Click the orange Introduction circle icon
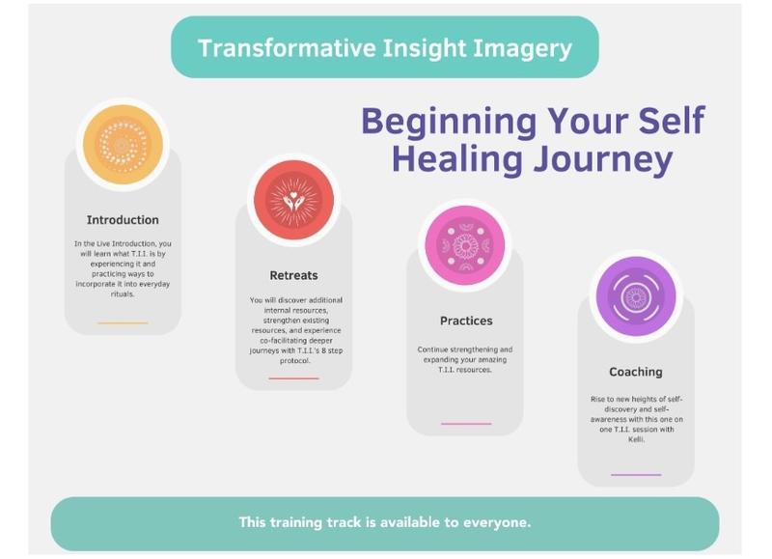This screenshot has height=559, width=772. [123, 144]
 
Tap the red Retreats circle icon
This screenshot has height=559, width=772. [294, 200]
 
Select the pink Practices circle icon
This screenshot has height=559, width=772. [465, 245]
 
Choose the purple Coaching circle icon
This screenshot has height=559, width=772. [636, 296]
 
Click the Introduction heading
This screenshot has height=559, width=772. [123, 220]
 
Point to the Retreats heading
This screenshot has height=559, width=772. [294, 275]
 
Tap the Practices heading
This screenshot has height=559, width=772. [466, 321]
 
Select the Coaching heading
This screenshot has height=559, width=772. [636, 372]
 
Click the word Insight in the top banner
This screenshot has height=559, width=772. [424, 47]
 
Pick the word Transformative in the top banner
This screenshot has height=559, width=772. [287, 47]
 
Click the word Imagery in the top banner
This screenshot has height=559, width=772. [522, 49]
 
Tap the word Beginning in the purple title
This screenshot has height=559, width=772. [449, 121]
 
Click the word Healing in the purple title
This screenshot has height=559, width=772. [456, 160]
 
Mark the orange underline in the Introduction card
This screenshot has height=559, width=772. [123, 323]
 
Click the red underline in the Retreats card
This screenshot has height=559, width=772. [294, 378]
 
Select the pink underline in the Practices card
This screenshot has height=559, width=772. [466, 424]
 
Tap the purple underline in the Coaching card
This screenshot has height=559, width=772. [636, 475]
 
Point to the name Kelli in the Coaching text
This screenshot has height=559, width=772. [636, 439]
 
